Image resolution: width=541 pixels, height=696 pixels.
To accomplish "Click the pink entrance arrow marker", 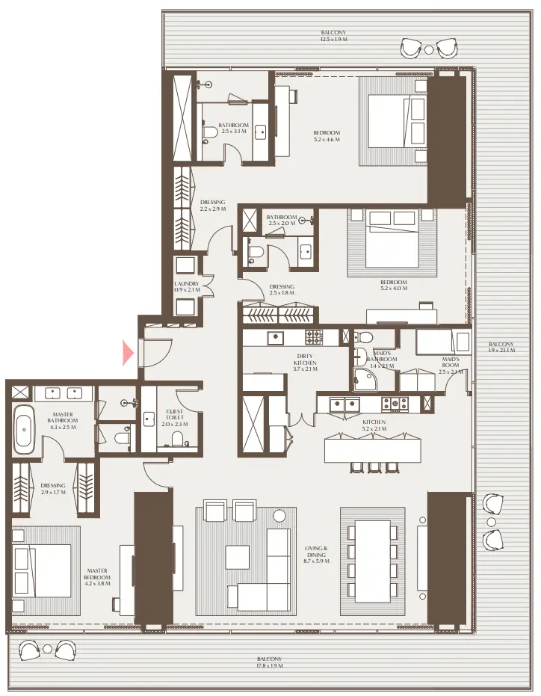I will pos(129,352).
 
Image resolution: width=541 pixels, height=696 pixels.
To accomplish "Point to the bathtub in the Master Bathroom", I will pos(23,430).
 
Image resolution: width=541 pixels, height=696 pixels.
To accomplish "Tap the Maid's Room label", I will pos(451,365).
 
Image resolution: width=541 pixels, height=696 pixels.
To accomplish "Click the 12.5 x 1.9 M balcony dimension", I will pos(333,37).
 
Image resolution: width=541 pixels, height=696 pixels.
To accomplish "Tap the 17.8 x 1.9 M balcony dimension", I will pos(270,662).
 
